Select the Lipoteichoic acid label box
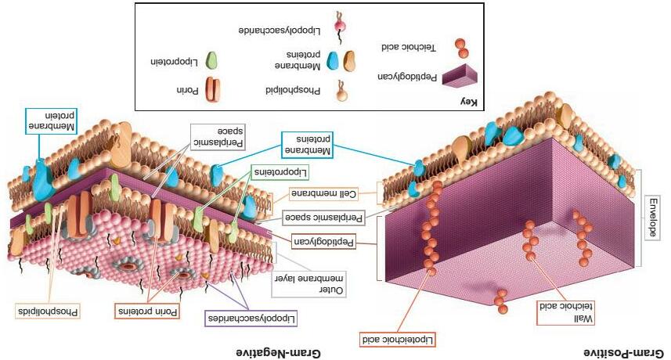click(397, 339)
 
